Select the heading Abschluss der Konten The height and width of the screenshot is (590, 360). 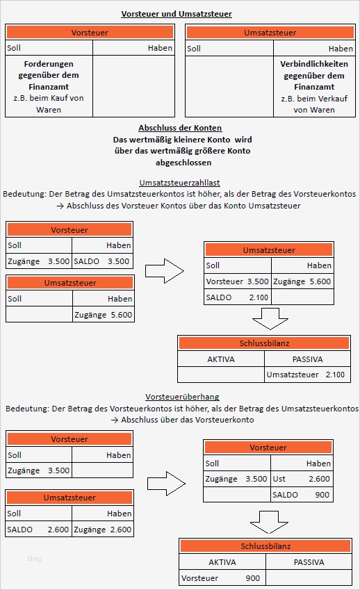click(180, 128)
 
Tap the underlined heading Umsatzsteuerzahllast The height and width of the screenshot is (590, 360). click(179, 182)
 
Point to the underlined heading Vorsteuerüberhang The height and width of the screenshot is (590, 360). click(182, 396)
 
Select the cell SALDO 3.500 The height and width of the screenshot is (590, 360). click(101, 261)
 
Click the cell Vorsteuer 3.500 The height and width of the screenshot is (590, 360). click(237, 281)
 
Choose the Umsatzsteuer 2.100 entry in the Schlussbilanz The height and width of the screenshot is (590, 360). click(306, 375)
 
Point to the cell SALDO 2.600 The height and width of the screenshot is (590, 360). click(38, 530)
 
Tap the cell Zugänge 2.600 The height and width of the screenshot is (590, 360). click(101, 530)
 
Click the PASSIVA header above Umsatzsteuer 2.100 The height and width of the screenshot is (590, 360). click(308, 359)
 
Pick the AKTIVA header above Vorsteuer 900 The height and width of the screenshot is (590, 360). click(222, 562)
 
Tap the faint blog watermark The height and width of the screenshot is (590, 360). click(35, 558)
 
